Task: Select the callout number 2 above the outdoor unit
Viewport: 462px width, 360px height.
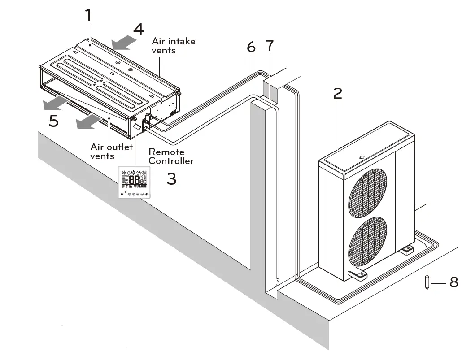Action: [x=338, y=93]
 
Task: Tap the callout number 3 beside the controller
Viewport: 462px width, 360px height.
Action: [x=171, y=179]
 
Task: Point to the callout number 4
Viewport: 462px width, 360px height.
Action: [x=139, y=29]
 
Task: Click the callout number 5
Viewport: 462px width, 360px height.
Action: [x=53, y=121]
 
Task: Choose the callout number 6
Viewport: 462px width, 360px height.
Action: [x=251, y=47]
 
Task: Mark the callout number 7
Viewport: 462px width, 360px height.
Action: [x=269, y=46]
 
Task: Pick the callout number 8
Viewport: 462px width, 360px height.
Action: [x=453, y=282]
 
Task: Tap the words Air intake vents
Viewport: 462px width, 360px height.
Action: [x=173, y=46]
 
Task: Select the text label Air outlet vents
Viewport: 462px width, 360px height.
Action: [x=111, y=152]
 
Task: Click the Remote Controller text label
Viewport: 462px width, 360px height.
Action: [x=171, y=156]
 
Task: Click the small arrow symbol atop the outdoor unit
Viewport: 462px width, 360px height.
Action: [x=363, y=157]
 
